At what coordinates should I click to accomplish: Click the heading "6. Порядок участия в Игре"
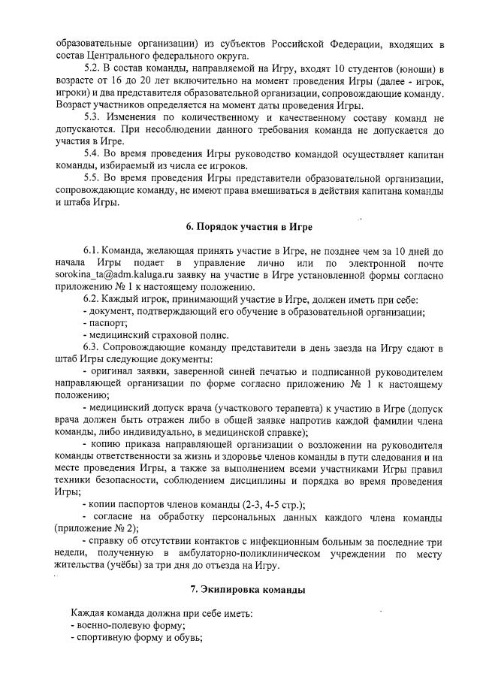tap(249, 227)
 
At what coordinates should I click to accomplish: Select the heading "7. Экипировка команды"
tap(248, 590)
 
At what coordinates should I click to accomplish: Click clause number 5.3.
tap(94, 118)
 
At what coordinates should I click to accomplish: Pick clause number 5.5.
tap(94, 178)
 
